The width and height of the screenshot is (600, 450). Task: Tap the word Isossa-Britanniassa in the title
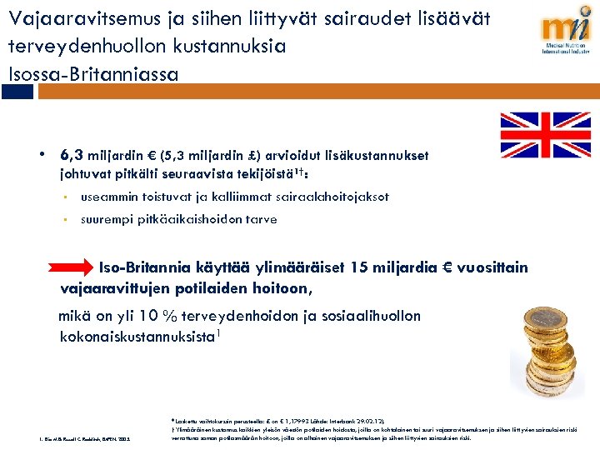click(93, 74)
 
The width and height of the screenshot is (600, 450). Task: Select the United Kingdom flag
click(545, 135)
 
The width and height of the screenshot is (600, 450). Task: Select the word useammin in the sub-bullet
click(108, 197)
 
